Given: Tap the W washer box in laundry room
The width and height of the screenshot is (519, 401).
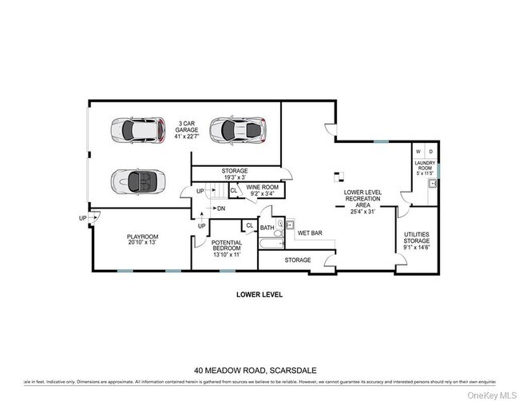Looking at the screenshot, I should (x=418, y=151).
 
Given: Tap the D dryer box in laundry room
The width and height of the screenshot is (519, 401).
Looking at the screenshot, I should (x=431, y=151).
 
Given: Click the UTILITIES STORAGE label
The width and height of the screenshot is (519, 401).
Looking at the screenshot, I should (x=416, y=238).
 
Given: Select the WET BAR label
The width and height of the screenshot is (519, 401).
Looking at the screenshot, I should (x=310, y=234).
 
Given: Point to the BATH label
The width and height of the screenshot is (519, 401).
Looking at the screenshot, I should (x=267, y=228).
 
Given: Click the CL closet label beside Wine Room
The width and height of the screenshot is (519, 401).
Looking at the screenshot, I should (x=233, y=191).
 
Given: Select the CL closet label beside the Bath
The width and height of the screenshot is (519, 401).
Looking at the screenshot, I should (x=250, y=226).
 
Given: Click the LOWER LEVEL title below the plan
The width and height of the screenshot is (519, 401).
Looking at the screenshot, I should (x=259, y=294).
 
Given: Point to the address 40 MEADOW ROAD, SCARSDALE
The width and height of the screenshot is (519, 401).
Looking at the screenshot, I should (x=259, y=370).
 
